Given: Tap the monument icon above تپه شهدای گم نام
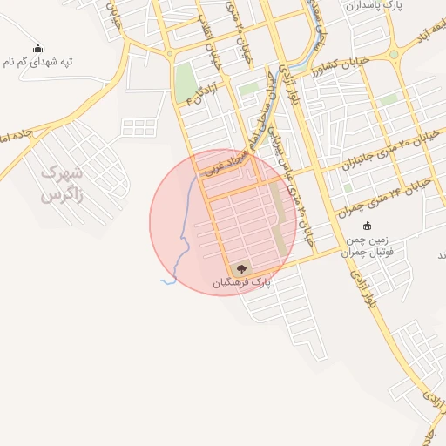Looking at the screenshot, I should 37,49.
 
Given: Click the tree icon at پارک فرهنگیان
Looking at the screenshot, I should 241,267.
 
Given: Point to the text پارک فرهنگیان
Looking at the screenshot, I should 241,282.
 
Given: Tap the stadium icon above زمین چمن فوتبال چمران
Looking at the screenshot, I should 366,227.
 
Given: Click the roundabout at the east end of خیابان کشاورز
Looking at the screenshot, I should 393,54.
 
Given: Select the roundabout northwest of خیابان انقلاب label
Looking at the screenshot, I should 168,53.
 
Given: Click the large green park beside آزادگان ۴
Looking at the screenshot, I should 185,84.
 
